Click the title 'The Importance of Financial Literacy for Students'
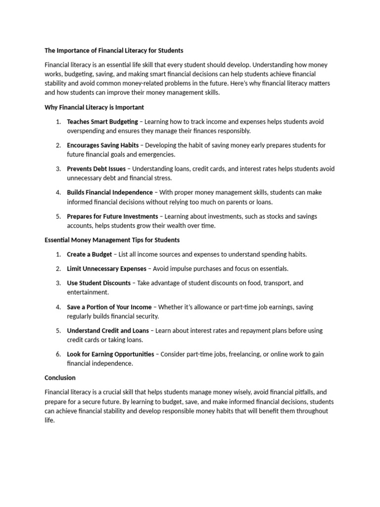[x=114, y=51]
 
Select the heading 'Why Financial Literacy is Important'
[x=94, y=107]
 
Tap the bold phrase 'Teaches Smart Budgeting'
[x=102, y=122]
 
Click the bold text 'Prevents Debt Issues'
[x=96, y=169]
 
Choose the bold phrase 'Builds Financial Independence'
[x=110, y=193]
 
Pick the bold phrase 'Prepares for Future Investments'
[x=112, y=216]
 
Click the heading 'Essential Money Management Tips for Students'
[x=112, y=240]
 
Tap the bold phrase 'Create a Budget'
[x=90, y=254]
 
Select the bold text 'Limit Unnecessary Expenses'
[x=106, y=269]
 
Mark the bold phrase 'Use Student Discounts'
[x=98, y=283]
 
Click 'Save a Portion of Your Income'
[x=109, y=307]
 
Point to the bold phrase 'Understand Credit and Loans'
[x=106, y=331]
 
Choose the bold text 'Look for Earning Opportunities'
[x=110, y=355]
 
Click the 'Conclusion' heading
[x=60, y=378]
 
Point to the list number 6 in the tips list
[x=57, y=355]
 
